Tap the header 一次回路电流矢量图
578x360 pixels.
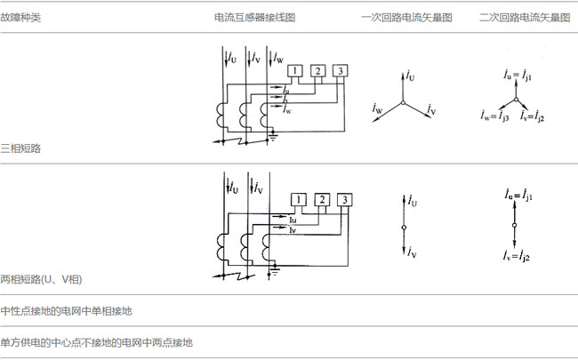pyautogui.click(x=405, y=19)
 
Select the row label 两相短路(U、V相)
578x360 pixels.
pyautogui.click(x=42, y=280)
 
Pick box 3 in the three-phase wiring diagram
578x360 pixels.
pyautogui.click(x=340, y=71)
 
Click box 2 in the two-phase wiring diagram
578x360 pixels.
pyautogui.click(x=322, y=198)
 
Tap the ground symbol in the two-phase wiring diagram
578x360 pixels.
pyautogui.click(x=276, y=268)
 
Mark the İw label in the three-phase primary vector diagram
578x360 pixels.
pyautogui.click(x=377, y=108)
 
